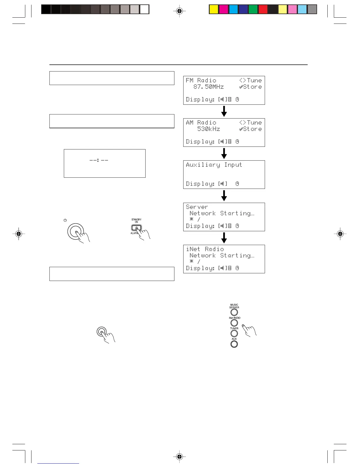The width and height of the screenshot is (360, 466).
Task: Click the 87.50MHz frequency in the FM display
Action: pos(209,87)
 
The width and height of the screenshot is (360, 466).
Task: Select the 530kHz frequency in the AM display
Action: pos(209,129)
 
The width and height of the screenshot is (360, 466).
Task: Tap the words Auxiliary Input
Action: pos(214,165)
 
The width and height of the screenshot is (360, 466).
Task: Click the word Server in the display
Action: pos(197,207)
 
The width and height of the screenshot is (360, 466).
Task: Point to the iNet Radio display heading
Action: pos(205,249)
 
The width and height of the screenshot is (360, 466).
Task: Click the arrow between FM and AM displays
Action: pos(224,111)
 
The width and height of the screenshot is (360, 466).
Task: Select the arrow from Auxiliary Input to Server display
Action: pos(224,195)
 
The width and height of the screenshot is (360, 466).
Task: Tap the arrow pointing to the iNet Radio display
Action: pos(224,238)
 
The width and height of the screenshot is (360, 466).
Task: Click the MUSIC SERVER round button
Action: pos(234,312)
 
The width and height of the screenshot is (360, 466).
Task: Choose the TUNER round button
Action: pos(234,333)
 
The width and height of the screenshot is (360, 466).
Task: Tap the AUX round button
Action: pos(234,344)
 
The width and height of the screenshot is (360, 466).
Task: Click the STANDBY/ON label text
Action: pos(136,221)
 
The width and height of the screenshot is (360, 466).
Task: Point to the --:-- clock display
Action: pos(99,160)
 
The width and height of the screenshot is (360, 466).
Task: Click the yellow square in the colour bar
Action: pos(214,9)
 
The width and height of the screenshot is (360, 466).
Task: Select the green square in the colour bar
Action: pos(253,9)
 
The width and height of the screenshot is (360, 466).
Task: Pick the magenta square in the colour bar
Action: pos(224,9)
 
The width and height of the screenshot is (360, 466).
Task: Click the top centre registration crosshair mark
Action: pos(179,11)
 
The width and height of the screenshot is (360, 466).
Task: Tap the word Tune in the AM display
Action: pos(254,122)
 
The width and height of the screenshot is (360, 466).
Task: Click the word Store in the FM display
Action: pos(252,87)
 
